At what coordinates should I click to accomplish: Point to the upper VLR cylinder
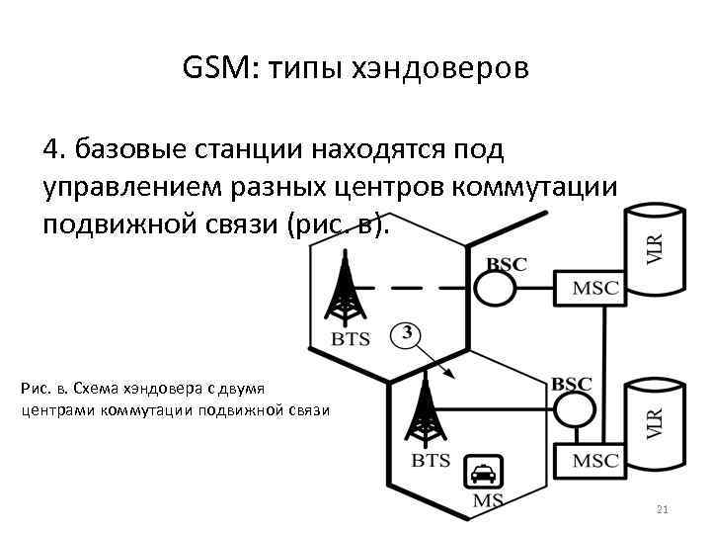point(655,249)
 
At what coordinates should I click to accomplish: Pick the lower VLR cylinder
point(655,420)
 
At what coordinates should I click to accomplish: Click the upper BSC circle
point(496,288)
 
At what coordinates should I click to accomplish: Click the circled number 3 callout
point(406,334)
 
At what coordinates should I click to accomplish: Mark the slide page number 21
point(662,509)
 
